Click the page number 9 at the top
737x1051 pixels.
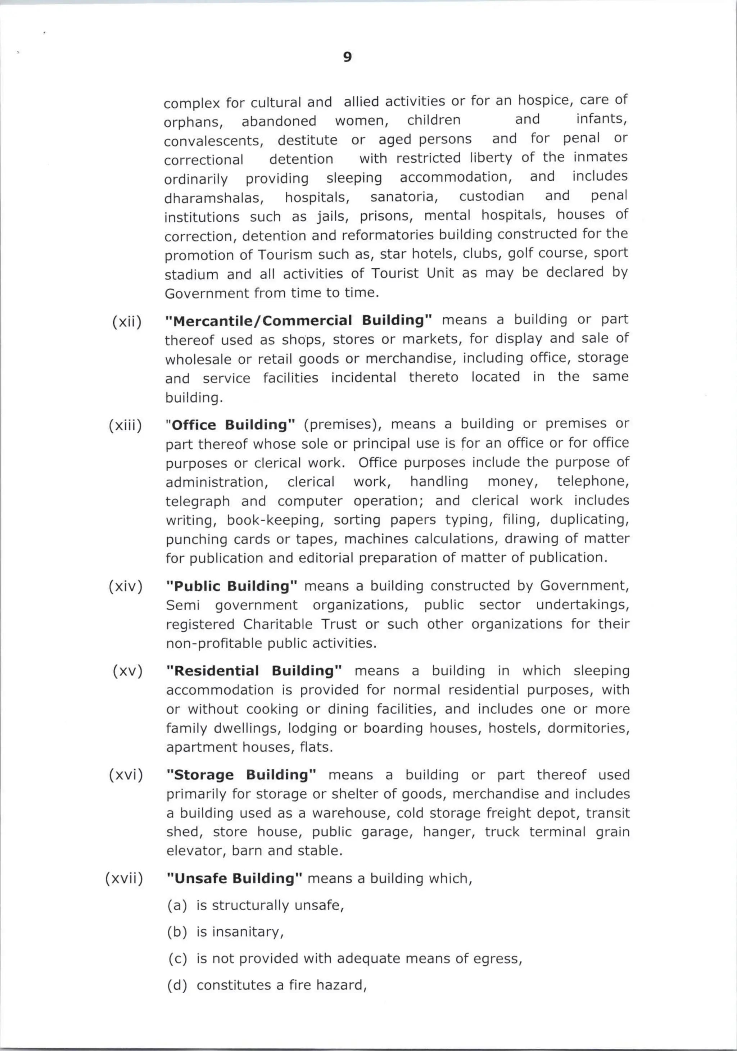pyautogui.click(x=347, y=57)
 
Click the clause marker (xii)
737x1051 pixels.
pyautogui.click(x=127, y=322)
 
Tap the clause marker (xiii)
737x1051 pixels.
pyautogui.click(x=125, y=426)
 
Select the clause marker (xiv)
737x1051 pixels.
pyautogui.click(x=126, y=586)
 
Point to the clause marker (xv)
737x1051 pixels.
pyautogui.click(x=128, y=671)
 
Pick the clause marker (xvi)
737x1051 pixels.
pyautogui.click(x=126, y=775)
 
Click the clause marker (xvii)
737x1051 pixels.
pyautogui.click(x=124, y=878)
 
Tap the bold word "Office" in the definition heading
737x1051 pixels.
pyautogui.click(x=194, y=425)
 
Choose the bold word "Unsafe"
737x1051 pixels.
pyautogui.click(x=200, y=878)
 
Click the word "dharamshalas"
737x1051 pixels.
pyautogui.click(x=214, y=198)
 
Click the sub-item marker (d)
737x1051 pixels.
pyautogui.click(x=177, y=985)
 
